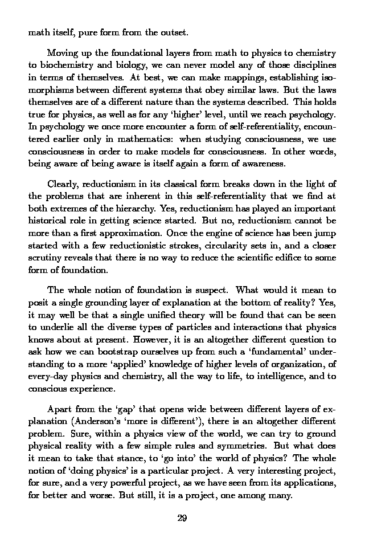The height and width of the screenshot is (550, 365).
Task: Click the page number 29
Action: pyautogui.click(x=182, y=518)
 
